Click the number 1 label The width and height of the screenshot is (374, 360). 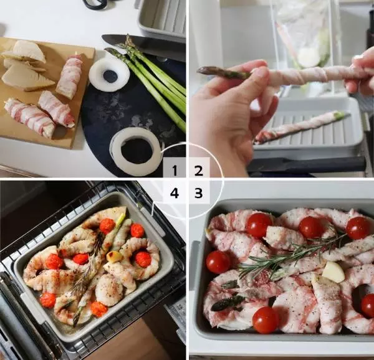click(x=175, y=171)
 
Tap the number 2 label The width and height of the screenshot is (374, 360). click(x=199, y=171)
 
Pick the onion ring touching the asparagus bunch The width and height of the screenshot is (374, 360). click(x=109, y=75)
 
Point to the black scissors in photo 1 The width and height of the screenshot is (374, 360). click(x=95, y=5)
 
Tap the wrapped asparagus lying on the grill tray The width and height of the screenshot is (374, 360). click(x=301, y=126)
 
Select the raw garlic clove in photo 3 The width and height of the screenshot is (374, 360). click(x=333, y=272)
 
